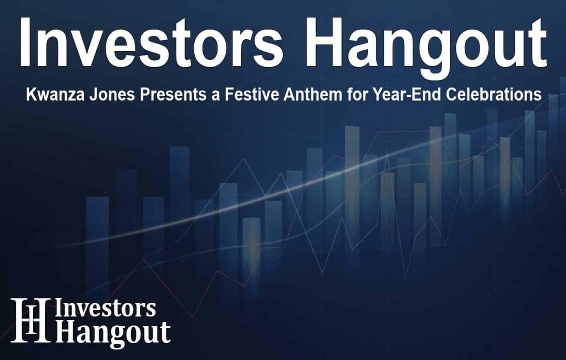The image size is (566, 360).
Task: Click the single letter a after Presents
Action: point(216,95)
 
